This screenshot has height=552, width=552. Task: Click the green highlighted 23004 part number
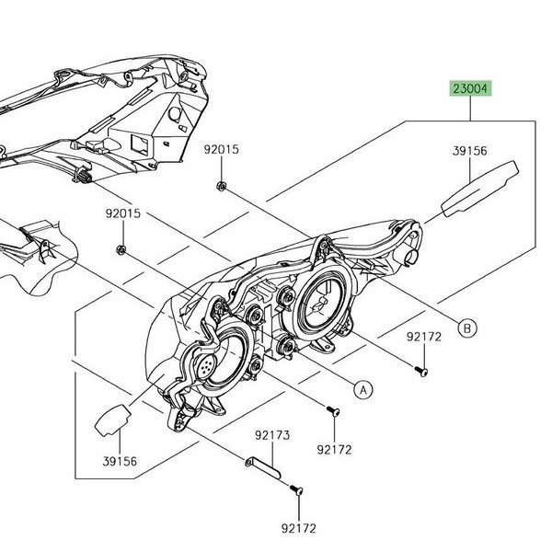(470, 89)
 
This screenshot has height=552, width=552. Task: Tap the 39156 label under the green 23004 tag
(469, 149)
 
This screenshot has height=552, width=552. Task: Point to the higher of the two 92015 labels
(222, 148)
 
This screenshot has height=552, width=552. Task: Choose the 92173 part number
(272, 432)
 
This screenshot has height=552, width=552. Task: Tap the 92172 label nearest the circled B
(424, 338)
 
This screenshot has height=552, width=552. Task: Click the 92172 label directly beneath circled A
(335, 451)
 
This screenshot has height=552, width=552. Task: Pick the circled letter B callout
(466, 327)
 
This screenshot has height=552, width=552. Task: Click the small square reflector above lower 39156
(109, 419)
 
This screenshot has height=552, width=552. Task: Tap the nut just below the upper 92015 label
(223, 187)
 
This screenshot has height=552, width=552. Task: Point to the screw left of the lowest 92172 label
(297, 491)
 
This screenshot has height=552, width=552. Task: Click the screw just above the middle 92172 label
(331, 412)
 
